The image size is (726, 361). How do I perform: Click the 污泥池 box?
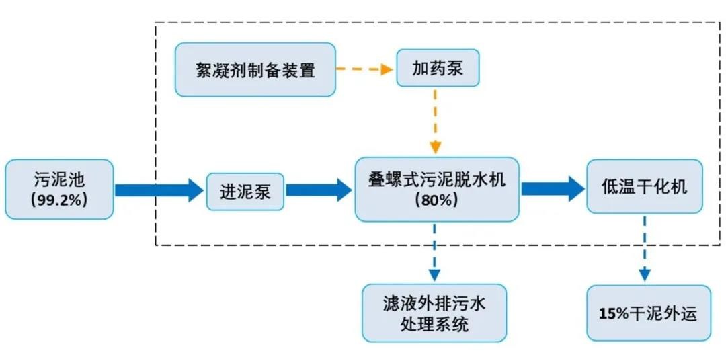click(x=59, y=190)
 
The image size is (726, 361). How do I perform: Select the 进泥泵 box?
click(x=245, y=192)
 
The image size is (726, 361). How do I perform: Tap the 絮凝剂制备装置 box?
click(x=255, y=69)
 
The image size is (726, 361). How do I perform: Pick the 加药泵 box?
click(x=438, y=68)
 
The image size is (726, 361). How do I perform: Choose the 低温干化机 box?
click(x=644, y=187)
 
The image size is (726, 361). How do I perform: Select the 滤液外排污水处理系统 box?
click(x=434, y=313)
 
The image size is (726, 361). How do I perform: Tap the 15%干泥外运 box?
click(x=648, y=313)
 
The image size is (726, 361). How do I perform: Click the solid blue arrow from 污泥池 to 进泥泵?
click(x=159, y=190)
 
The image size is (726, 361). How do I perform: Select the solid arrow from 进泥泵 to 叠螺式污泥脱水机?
click(x=319, y=190)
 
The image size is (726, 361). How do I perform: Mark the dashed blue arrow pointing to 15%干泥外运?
click(x=645, y=248)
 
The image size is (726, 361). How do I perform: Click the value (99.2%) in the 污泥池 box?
click(x=58, y=200)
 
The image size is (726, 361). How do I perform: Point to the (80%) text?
click(x=436, y=200)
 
